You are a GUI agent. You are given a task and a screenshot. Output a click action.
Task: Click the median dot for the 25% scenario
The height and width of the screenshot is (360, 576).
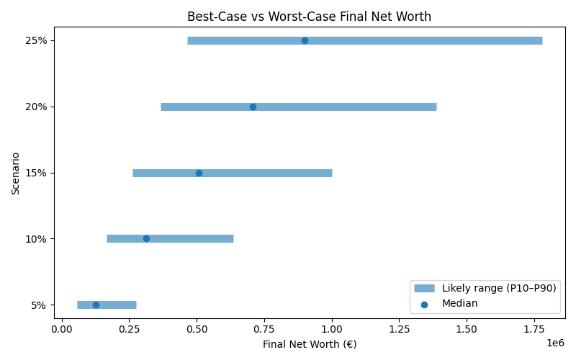(305, 40)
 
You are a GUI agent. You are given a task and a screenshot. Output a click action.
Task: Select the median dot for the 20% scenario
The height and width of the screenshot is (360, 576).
(253, 107)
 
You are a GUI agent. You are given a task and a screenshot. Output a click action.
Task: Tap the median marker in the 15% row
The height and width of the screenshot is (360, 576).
(199, 173)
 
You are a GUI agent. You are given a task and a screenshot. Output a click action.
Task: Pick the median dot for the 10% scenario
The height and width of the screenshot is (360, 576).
(146, 238)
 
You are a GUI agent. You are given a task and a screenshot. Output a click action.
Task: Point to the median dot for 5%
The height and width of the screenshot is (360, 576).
(96, 305)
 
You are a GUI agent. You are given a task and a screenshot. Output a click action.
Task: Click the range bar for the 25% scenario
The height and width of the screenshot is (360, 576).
(432, 40)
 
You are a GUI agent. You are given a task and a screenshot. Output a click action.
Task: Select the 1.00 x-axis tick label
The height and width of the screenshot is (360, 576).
(332, 329)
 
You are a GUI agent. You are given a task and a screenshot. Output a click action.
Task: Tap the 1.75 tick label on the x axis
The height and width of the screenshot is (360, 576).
(534, 329)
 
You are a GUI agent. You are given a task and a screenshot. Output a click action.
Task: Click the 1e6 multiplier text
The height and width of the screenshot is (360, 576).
(554, 342)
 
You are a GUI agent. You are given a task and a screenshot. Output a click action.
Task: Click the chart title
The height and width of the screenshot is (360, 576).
(309, 16)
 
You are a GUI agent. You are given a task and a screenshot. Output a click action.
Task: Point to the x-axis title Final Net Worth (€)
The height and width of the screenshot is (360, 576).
(310, 344)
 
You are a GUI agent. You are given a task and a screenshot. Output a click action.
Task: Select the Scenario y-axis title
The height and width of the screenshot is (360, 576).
(16, 173)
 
